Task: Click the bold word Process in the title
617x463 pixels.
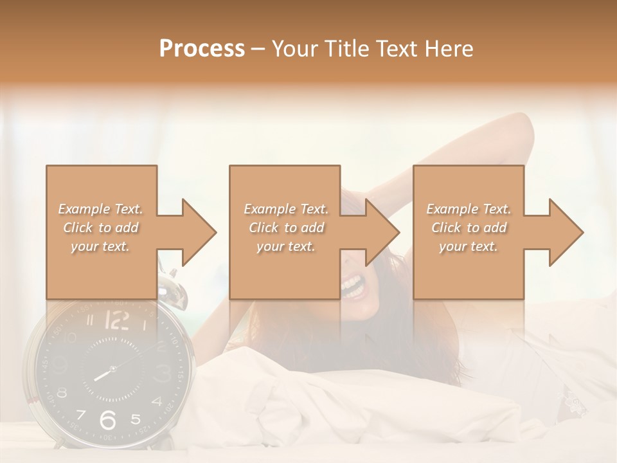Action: (x=202, y=49)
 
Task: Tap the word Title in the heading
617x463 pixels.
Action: (x=348, y=49)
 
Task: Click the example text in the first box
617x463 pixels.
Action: (x=100, y=228)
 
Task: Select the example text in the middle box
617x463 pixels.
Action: (x=285, y=228)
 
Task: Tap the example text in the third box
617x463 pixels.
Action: (x=469, y=228)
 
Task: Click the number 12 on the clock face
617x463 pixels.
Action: (x=116, y=320)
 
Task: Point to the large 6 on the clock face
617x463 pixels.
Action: (x=108, y=420)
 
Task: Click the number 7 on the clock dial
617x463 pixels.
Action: (x=80, y=414)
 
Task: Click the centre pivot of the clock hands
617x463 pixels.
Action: (x=112, y=369)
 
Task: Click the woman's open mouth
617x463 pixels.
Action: (x=353, y=285)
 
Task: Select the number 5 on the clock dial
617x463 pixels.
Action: (x=135, y=419)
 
